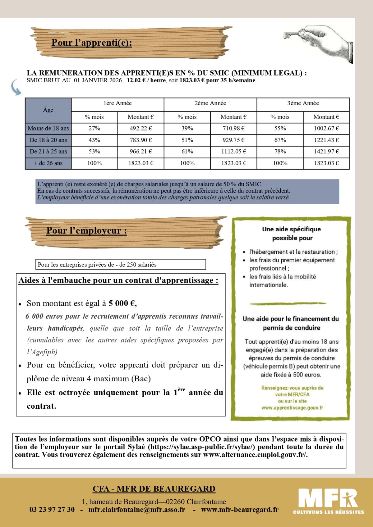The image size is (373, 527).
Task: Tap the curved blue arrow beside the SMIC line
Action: [16, 87]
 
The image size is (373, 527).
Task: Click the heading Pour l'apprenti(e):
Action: [92, 43]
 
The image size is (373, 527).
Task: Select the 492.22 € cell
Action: [141, 128]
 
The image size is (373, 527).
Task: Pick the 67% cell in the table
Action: [280, 140]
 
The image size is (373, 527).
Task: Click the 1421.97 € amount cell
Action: [326, 152]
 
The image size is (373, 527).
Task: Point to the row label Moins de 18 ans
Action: [48, 128]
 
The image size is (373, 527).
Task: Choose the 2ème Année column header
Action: [210, 103]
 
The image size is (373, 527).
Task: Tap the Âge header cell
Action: [48, 110]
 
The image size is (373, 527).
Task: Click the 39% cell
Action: [187, 128]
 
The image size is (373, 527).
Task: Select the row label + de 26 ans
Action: [48, 163]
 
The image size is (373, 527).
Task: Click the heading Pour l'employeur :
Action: [87, 231]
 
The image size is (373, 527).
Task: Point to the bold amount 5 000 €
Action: [122, 303]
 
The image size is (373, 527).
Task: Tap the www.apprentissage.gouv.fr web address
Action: [292, 408]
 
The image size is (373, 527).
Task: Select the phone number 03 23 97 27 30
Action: [52, 510]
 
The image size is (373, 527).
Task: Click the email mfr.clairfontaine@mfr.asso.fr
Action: [137, 510]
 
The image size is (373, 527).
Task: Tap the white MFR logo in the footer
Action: [328, 500]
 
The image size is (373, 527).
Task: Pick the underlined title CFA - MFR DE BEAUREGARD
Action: [154, 489]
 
